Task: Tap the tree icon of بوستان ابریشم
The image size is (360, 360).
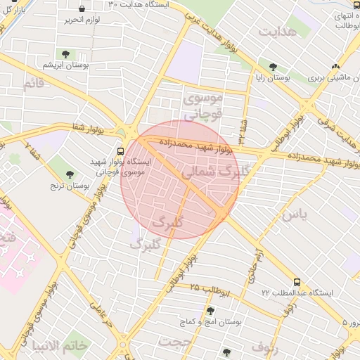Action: (65, 53)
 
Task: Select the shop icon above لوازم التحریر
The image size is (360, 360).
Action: (82, 9)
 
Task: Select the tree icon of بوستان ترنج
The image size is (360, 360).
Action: (69, 174)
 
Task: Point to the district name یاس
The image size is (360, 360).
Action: (295, 214)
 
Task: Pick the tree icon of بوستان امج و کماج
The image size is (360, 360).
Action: (210, 311)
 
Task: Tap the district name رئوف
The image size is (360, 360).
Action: (265, 346)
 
